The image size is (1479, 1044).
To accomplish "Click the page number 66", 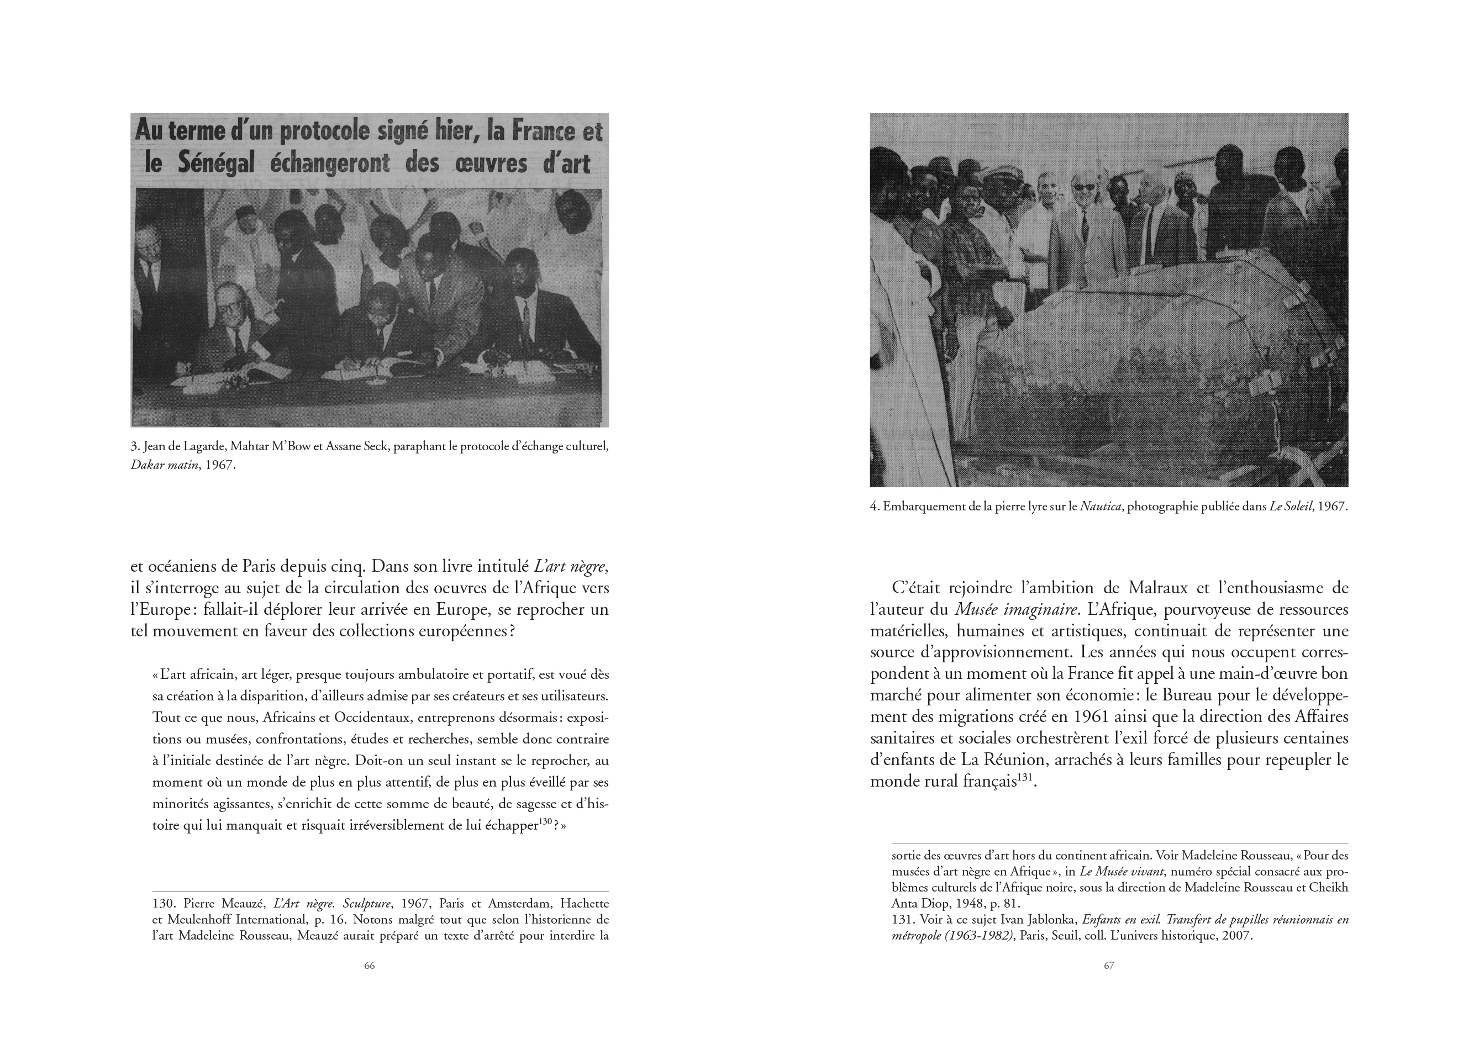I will tap(369, 966).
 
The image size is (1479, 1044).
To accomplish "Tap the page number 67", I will tap(1109, 966).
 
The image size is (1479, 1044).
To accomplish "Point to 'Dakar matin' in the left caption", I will tap(164, 465).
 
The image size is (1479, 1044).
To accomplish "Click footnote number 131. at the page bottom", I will tap(903, 919).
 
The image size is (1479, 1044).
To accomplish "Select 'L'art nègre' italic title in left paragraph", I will tap(571, 567).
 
